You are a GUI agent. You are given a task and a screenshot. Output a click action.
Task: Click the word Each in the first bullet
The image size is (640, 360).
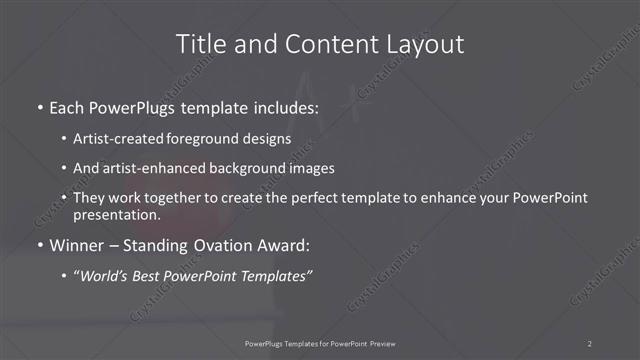(67, 107)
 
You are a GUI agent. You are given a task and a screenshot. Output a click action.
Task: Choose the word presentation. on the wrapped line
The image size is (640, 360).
(116, 214)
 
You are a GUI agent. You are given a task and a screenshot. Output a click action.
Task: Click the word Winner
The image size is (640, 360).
(77, 246)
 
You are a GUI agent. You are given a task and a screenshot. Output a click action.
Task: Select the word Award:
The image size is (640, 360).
(281, 246)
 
